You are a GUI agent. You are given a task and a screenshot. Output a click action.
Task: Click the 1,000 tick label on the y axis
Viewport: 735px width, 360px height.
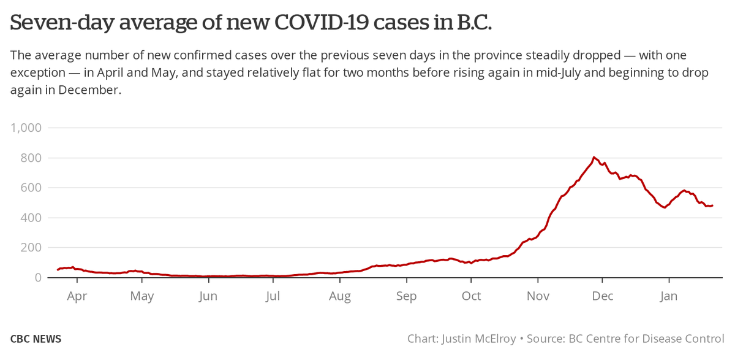[x=26, y=128]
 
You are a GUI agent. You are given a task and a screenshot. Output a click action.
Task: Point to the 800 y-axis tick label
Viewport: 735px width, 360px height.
[x=29, y=158]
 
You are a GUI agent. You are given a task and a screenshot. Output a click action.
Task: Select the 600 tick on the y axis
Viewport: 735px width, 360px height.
[x=29, y=188]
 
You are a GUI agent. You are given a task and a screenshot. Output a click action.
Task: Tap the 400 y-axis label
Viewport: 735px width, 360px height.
[x=29, y=218]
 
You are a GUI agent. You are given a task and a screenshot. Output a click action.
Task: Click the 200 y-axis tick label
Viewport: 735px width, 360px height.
[x=29, y=248]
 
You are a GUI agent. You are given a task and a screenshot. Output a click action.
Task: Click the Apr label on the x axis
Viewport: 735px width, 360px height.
[x=77, y=296]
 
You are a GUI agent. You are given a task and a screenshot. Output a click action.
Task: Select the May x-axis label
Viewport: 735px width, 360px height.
[x=142, y=296]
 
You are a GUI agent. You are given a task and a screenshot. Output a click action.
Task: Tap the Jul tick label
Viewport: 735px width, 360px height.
[x=273, y=296]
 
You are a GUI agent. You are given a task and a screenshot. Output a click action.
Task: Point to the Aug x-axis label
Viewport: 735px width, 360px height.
[x=340, y=296]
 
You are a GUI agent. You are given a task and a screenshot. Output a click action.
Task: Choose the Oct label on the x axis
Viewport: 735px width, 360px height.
[x=472, y=296]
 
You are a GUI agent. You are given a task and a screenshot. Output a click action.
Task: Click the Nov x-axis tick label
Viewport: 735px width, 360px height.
[x=538, y=296]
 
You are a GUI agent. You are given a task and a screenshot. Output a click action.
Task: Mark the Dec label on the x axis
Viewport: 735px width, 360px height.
[x=603, y=296]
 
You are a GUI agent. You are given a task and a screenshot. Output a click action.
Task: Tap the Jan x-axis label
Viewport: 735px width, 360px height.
[x=669, y=296]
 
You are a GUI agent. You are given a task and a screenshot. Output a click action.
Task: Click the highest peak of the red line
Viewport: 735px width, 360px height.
[x=594, y=157]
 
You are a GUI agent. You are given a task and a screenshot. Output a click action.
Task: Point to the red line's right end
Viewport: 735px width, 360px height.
[x=713, y=205]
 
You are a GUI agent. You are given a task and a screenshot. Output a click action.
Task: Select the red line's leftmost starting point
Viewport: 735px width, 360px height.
[x=58, y=270]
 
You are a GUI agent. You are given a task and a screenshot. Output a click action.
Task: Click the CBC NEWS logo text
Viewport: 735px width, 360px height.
[x=36, y=339]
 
